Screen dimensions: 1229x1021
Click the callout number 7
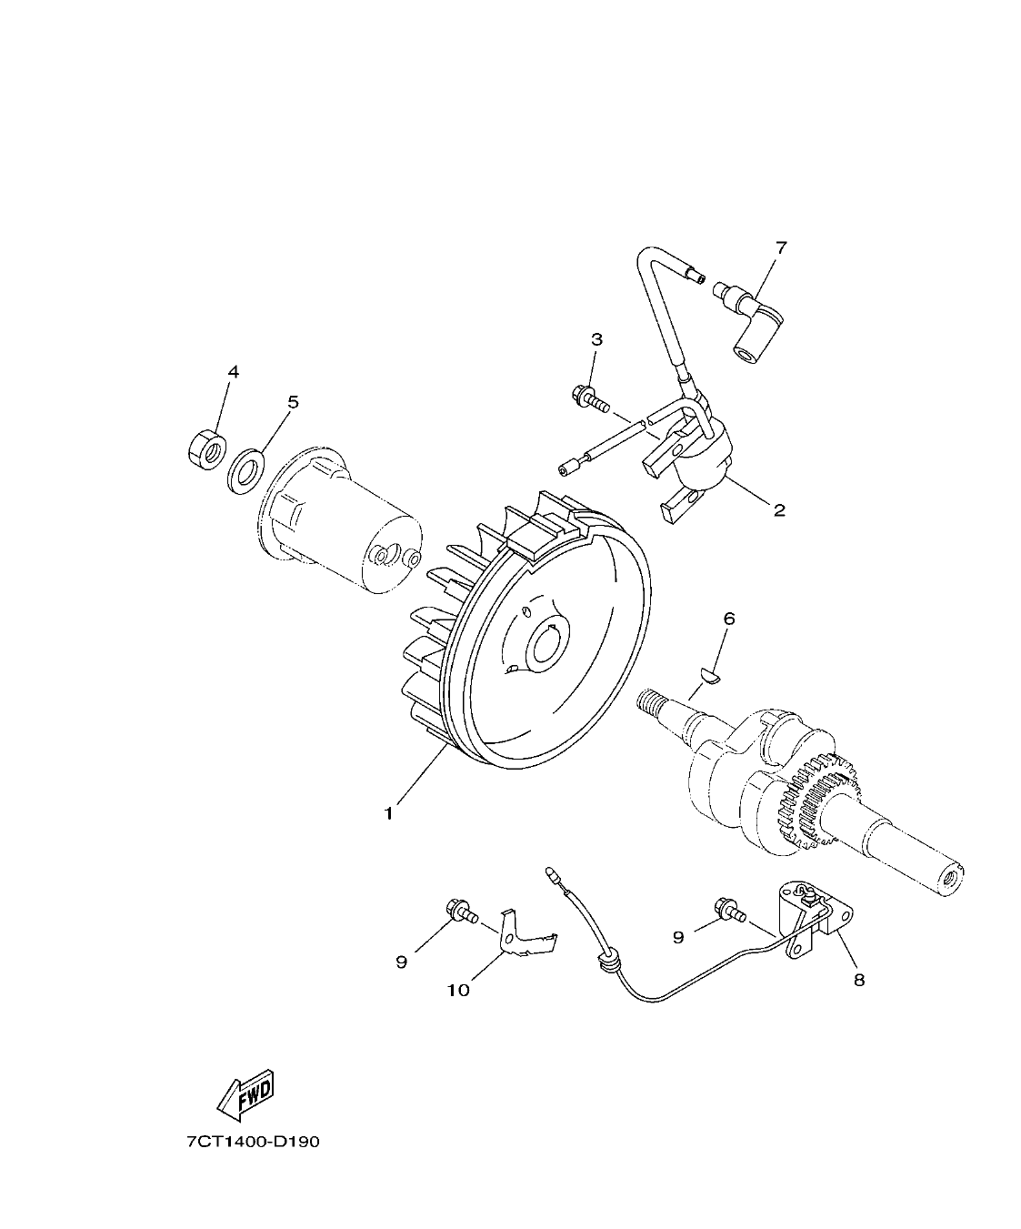[781, 247]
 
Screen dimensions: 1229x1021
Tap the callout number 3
[596, 339]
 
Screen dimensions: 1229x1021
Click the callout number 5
[293, 402]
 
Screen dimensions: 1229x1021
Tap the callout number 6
[728, 619]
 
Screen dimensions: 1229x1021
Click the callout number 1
[388, 812]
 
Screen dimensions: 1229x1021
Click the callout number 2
[778, 509]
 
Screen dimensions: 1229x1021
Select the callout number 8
[859, 980]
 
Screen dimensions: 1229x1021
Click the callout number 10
[458, 990]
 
